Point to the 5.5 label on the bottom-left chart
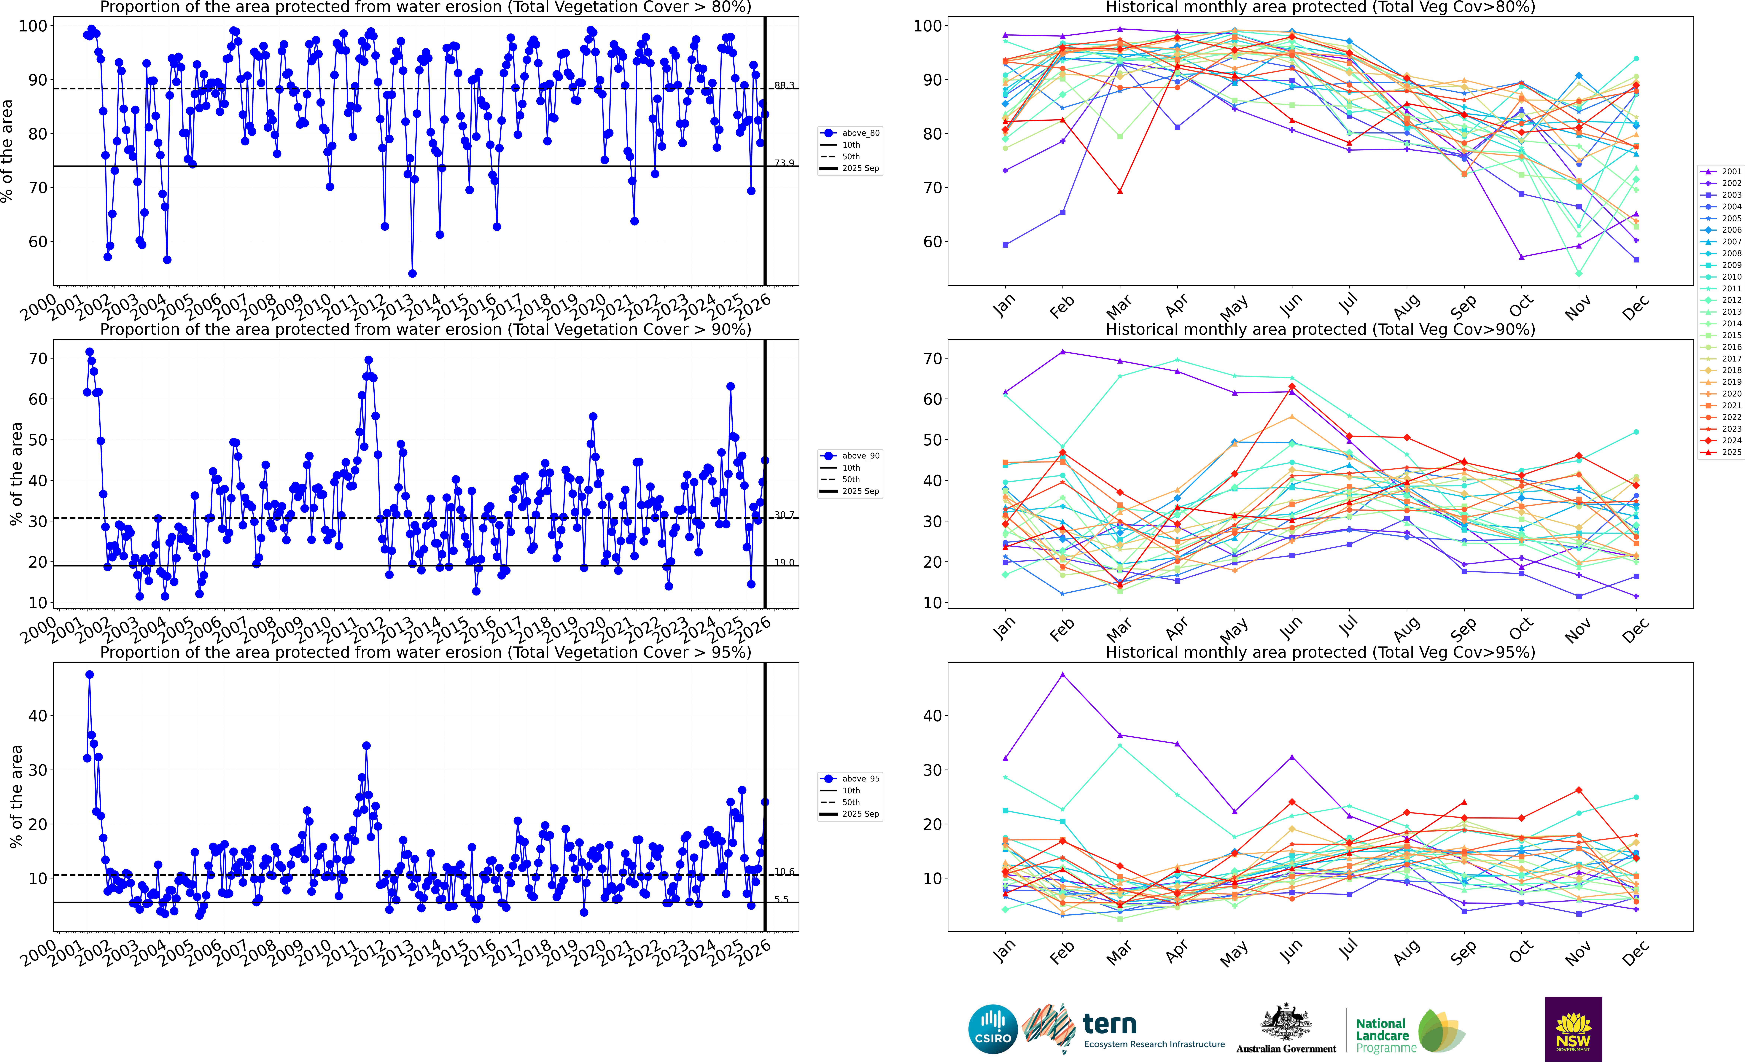point(781,899)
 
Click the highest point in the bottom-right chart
point(1062,675)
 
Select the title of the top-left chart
point(426,8)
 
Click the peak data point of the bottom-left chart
point(89,675)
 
